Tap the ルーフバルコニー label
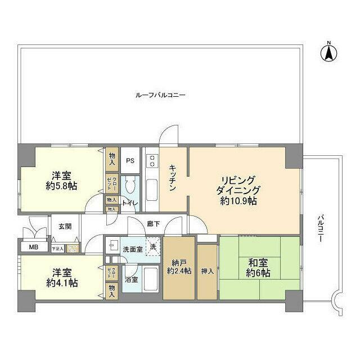(x=161, y=95)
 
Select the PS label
(x=130, y=160)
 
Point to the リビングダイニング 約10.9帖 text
(x=239, y=190)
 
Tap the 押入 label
(x=207, y=271)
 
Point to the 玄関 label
(x=65, y=226)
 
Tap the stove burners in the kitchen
(x=152, y=161)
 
